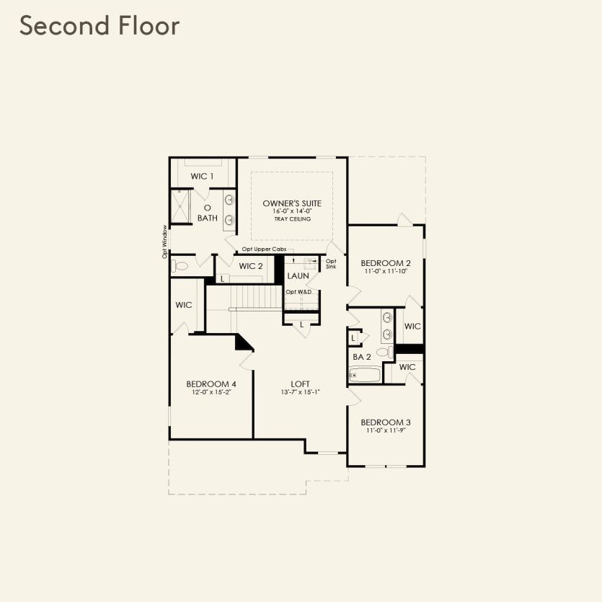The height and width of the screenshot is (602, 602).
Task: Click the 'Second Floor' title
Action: (99, 26)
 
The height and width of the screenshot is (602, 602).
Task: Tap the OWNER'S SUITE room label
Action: (292, 204)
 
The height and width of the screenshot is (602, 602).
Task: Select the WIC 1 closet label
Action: (202, 177)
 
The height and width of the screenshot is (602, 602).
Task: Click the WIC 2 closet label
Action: (251, 266)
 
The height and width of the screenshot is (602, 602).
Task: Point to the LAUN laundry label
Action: (298, 276)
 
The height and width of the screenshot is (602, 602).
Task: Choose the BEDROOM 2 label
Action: (386, 263)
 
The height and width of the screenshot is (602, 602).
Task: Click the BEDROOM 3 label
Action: (386, 422)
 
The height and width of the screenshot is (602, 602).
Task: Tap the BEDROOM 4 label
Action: (211, 384)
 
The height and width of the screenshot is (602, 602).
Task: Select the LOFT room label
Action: (301, 384)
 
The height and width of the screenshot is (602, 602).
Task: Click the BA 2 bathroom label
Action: (362, 357)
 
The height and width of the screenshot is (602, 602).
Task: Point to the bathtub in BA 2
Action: (363, 375)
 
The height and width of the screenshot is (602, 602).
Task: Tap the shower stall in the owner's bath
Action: (180, 206)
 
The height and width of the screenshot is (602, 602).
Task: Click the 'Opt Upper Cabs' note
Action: (264, 249)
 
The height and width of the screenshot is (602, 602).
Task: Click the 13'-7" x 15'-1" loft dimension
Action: (301, 393)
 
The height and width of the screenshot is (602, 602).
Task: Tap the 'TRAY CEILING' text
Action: (292, 218)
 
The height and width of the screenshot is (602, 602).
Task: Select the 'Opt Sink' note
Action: (331, 264)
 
